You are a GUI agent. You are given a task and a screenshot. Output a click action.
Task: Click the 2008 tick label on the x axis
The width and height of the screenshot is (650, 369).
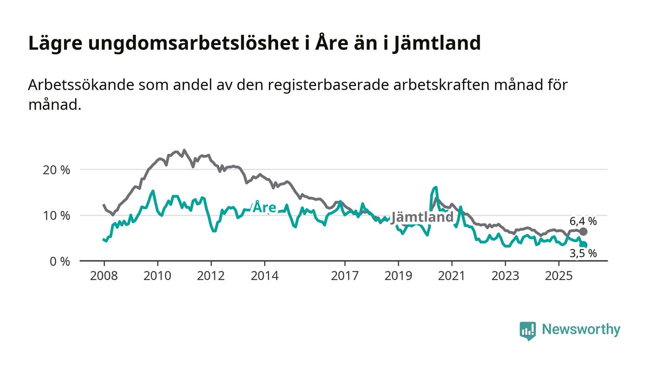click(104, 276)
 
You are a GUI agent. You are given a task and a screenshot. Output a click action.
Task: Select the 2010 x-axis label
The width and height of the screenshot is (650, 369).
click(157, 276)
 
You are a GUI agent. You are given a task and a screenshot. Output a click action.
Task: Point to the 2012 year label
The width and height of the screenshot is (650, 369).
click(211, 276)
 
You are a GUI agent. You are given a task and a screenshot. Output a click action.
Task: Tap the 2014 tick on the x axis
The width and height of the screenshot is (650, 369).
click(265, 276)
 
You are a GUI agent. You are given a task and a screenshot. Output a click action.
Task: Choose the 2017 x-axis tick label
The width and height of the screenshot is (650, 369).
click(344, 276)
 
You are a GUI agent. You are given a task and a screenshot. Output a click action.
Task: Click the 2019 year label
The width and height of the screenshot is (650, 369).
click(398, 276)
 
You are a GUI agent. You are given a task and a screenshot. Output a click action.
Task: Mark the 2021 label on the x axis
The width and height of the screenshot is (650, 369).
click(452, 276)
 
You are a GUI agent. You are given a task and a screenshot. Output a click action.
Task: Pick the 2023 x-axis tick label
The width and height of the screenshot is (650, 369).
click(505, 276)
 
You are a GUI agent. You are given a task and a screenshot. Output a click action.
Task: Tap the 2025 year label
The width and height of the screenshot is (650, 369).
click(559, 276)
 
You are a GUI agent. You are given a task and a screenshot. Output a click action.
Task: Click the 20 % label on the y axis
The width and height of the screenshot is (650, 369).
click(56, 170)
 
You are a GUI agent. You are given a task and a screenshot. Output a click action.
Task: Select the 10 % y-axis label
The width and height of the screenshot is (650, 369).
click(56, 216)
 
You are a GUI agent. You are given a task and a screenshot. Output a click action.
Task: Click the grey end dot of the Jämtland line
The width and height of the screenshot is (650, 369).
click(584, 231)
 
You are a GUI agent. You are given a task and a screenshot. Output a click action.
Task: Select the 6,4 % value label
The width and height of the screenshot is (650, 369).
click(584, 221)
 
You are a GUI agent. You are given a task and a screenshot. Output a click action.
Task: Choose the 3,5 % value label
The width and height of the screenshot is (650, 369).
click(584, 253)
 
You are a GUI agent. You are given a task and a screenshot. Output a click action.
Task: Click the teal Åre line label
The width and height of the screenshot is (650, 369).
click(264, 208)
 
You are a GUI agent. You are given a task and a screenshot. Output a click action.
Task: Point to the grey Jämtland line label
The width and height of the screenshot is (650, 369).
click(422, 217)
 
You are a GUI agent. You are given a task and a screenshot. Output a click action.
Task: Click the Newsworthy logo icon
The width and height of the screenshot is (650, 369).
click(527, 330)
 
